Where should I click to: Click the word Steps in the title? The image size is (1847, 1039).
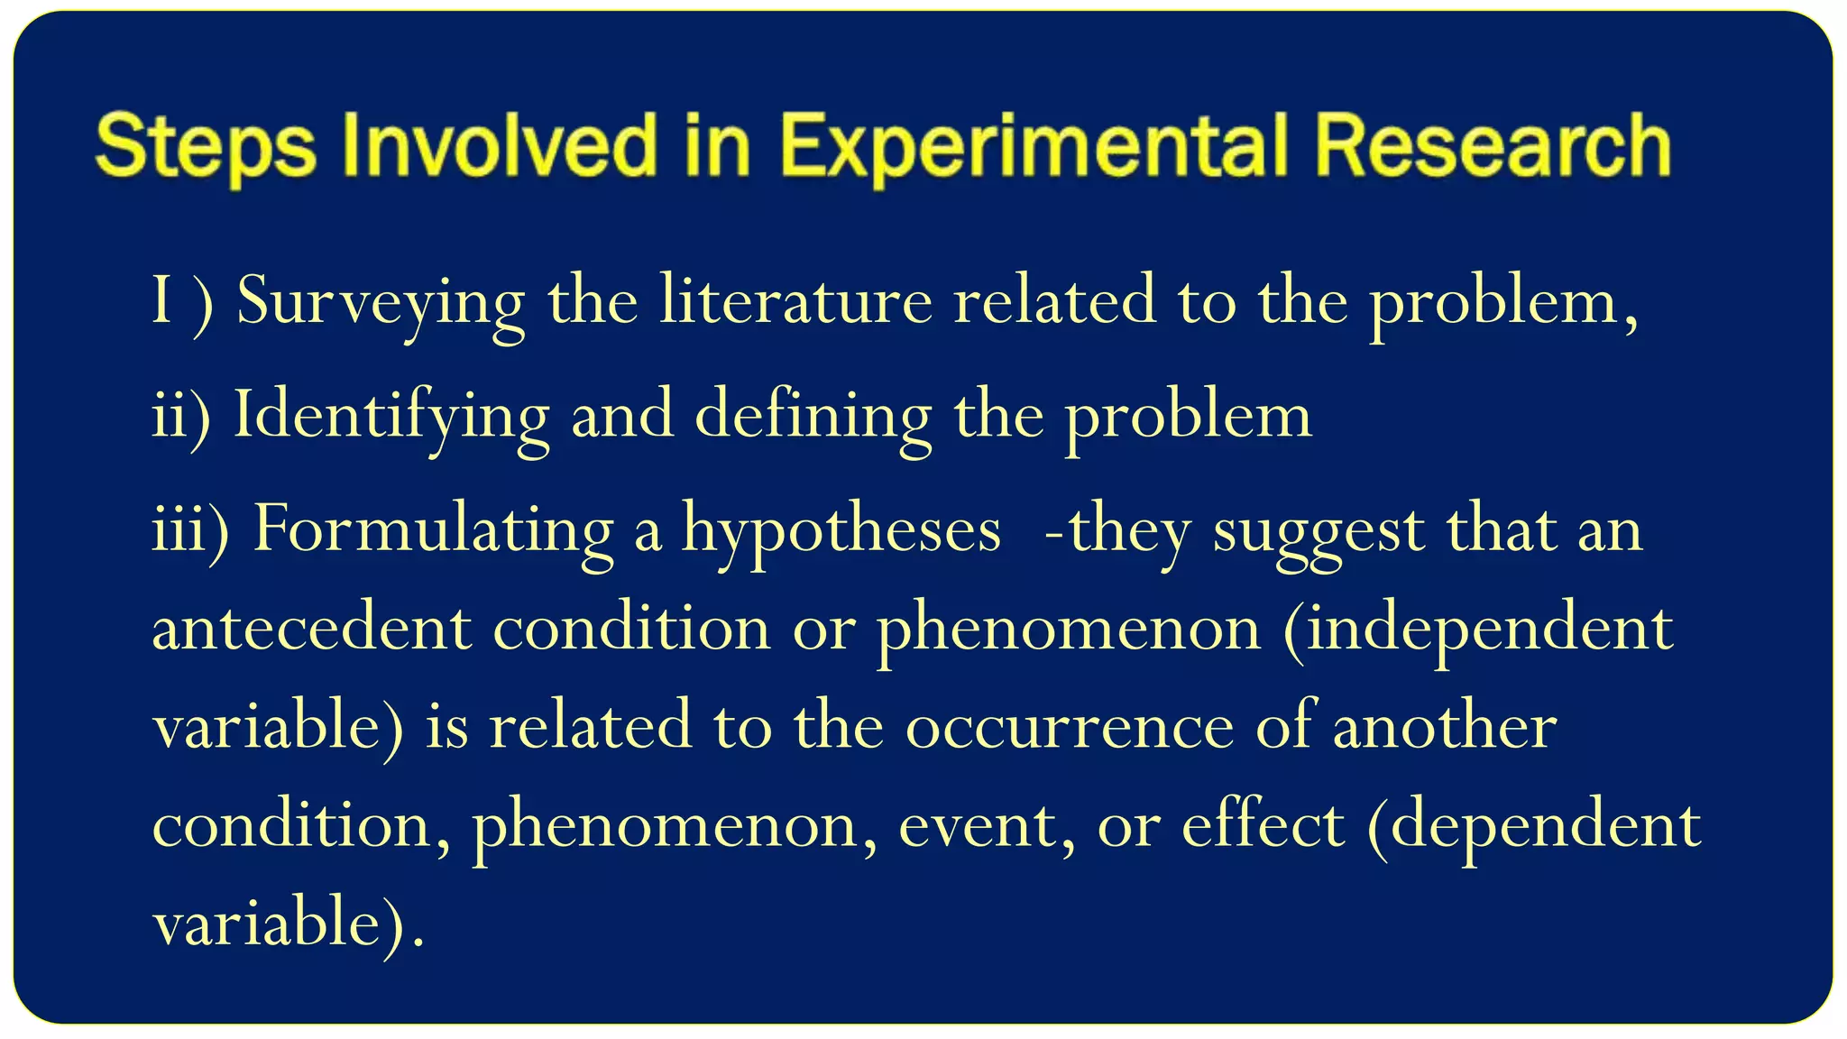[x=206, y=146]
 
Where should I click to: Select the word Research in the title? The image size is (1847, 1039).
[x=1493, y=146]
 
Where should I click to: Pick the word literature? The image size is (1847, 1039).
[x=795, y=301]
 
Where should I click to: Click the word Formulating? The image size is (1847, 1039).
[x=433, y=530]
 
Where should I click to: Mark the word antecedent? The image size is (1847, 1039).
[x=311, y=629]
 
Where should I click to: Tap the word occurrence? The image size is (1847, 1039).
[x=1070, y=727]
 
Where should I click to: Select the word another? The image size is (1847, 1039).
[x=1445, y=727]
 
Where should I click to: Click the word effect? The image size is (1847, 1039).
[x=1263, y=824]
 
